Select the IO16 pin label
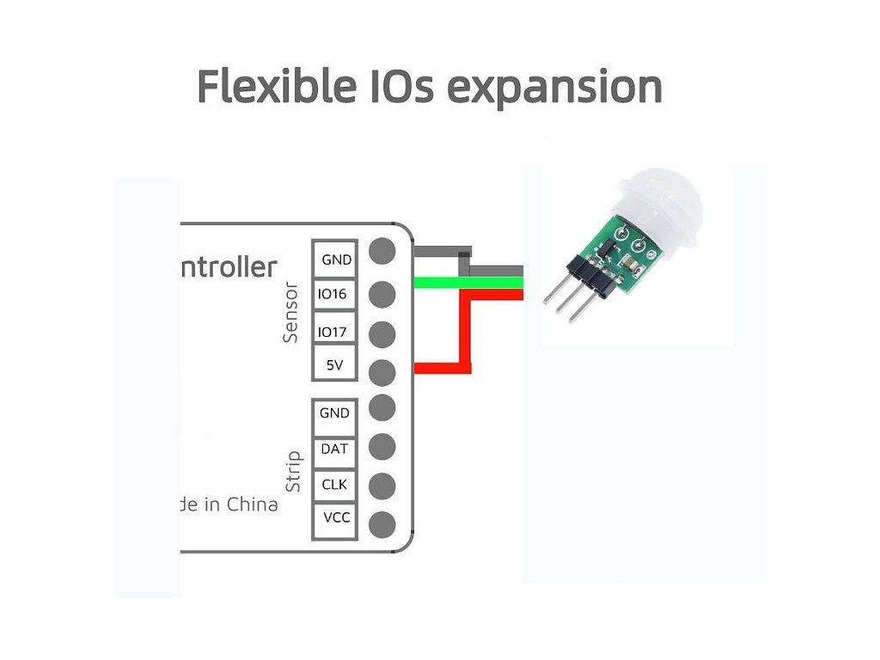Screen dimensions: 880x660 click(333, 295)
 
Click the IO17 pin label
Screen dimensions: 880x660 click(333, 332)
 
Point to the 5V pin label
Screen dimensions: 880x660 click(333, 366)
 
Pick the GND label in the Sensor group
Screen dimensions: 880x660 click(335, 259)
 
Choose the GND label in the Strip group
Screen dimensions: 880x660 click(334, 413)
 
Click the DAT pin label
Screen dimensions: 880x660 click(334, 449)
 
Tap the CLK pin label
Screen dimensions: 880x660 click(334, 485)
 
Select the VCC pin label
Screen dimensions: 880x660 click(334, 518)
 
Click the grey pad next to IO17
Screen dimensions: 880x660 click(382, 333)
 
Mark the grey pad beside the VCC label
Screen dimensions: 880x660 click(382, 522)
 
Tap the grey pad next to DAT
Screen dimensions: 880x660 click(382, 447)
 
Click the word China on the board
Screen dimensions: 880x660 click(252, 504)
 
